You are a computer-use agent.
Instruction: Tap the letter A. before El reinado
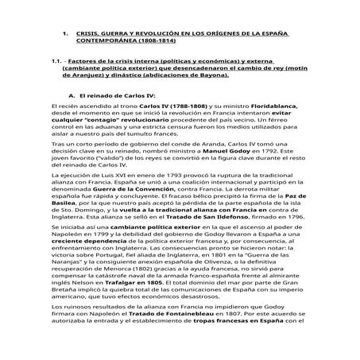pyautogui.click(x=73, y=95)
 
